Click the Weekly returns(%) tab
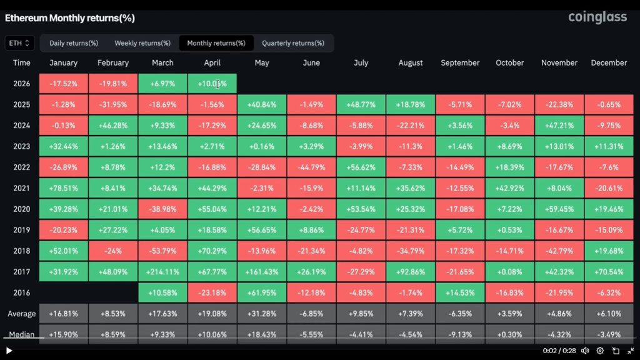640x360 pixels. click(x=142, y=43)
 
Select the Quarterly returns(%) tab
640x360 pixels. click(x=293, y=43)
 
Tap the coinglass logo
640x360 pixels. click(x=597, y=17)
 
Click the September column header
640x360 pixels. click(x=460, y=62)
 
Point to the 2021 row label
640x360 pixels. click(x=22, y=188)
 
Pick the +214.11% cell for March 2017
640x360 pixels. click(x=163, y=272)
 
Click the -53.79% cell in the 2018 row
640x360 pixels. click(x=163, y=251)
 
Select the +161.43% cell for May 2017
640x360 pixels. click(x=262, y=272)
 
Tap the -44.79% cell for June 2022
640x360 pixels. click(x=311, y=167)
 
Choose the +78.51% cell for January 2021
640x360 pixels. click(x=64, y=188)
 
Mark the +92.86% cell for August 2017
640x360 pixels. click(x=411, y=272)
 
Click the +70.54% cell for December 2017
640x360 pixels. click(x=609, y=272)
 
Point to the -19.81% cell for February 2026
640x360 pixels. click(x=113, y=84)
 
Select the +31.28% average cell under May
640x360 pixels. click(x=262, y=314)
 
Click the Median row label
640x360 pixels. click(x=22, y=334)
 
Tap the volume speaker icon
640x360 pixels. click(x=585, y=351)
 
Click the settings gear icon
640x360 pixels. click(x=600, y=351)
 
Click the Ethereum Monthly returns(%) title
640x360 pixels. click(x=70, y=18)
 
